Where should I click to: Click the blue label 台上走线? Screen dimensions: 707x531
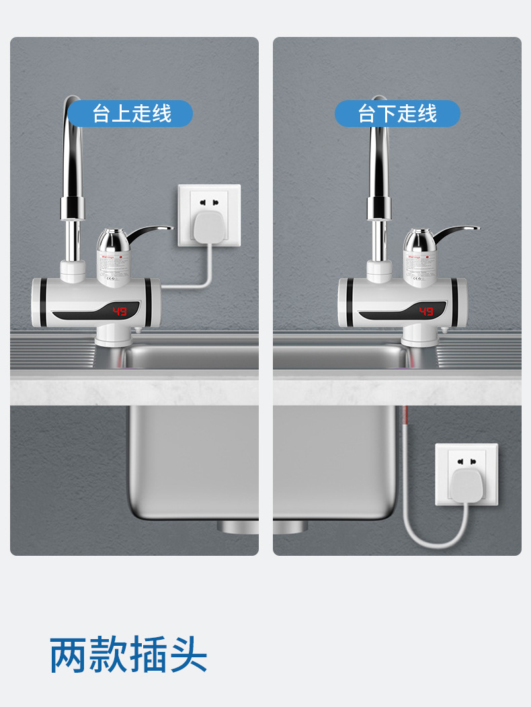[x=132, y=114]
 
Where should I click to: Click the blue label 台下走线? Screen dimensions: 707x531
[x=397, y=114]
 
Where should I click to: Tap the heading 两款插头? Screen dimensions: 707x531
[x=128, y=655]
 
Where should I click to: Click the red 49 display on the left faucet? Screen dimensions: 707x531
[x=120, y=311]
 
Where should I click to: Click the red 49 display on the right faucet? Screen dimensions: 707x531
[x=426, y=311]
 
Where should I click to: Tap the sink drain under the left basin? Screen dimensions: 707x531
[x=237, y=526]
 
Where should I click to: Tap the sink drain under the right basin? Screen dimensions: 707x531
[x=290, y=526]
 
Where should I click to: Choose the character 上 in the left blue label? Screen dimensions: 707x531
[x=122, y=114]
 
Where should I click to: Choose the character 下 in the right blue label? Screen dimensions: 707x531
[x=387, y=114]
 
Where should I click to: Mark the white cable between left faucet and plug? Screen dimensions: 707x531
[x=195, y=286]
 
